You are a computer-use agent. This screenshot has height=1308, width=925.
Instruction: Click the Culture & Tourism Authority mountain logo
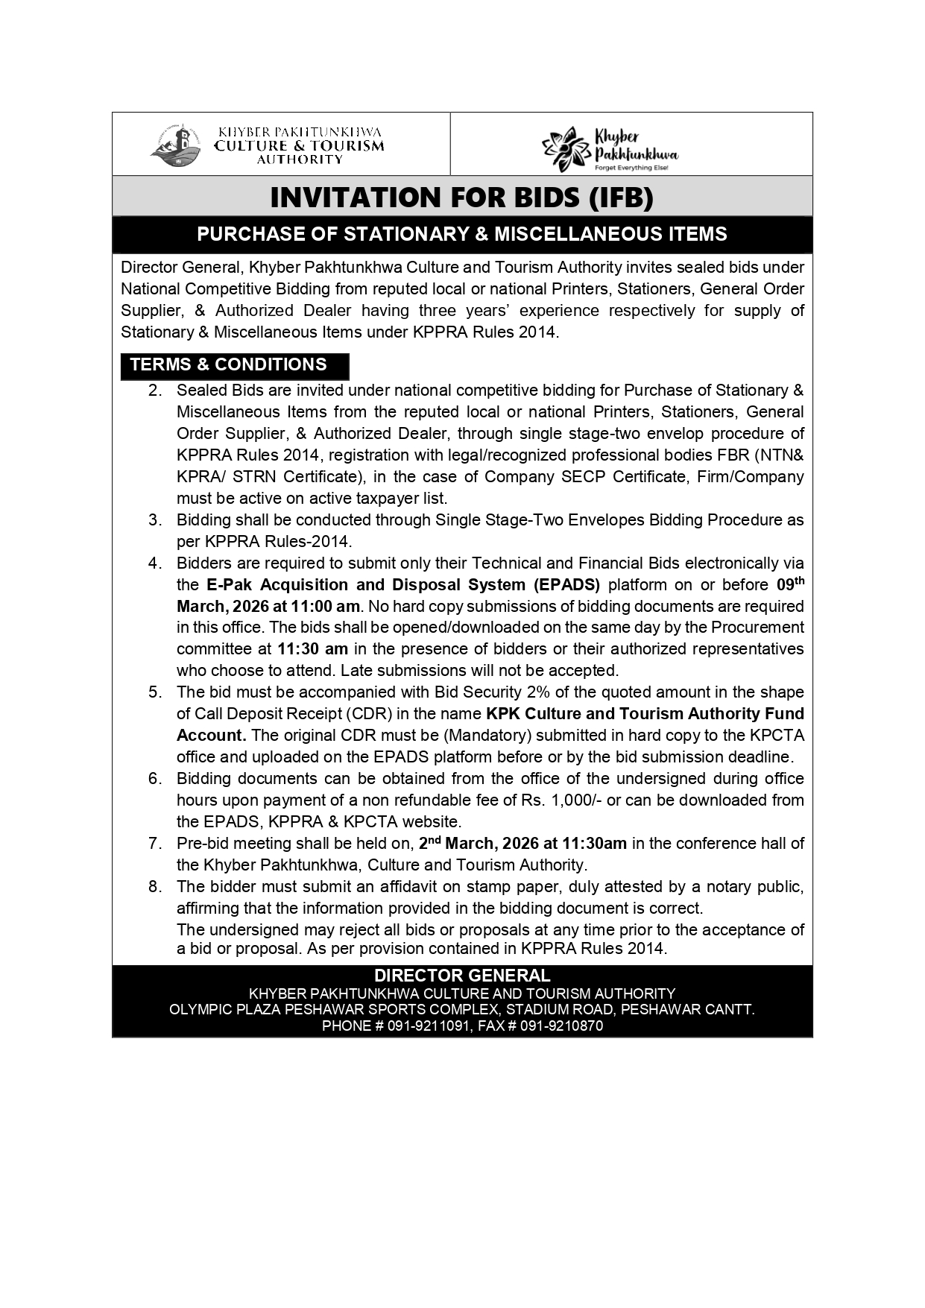point(177,144)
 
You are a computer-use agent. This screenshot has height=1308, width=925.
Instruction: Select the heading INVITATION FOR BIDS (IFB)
point(461,198)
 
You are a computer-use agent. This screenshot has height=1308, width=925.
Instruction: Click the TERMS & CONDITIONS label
point(229,364)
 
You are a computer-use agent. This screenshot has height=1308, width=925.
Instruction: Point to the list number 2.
point(155,391)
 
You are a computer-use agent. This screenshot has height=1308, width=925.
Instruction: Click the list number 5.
point(155,692)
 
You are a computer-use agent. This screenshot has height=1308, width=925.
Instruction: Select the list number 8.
point(155,887)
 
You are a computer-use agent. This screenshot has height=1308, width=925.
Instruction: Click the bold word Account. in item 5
point(211,736)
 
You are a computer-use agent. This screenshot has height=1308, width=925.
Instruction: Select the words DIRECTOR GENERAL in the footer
point(462,976)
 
